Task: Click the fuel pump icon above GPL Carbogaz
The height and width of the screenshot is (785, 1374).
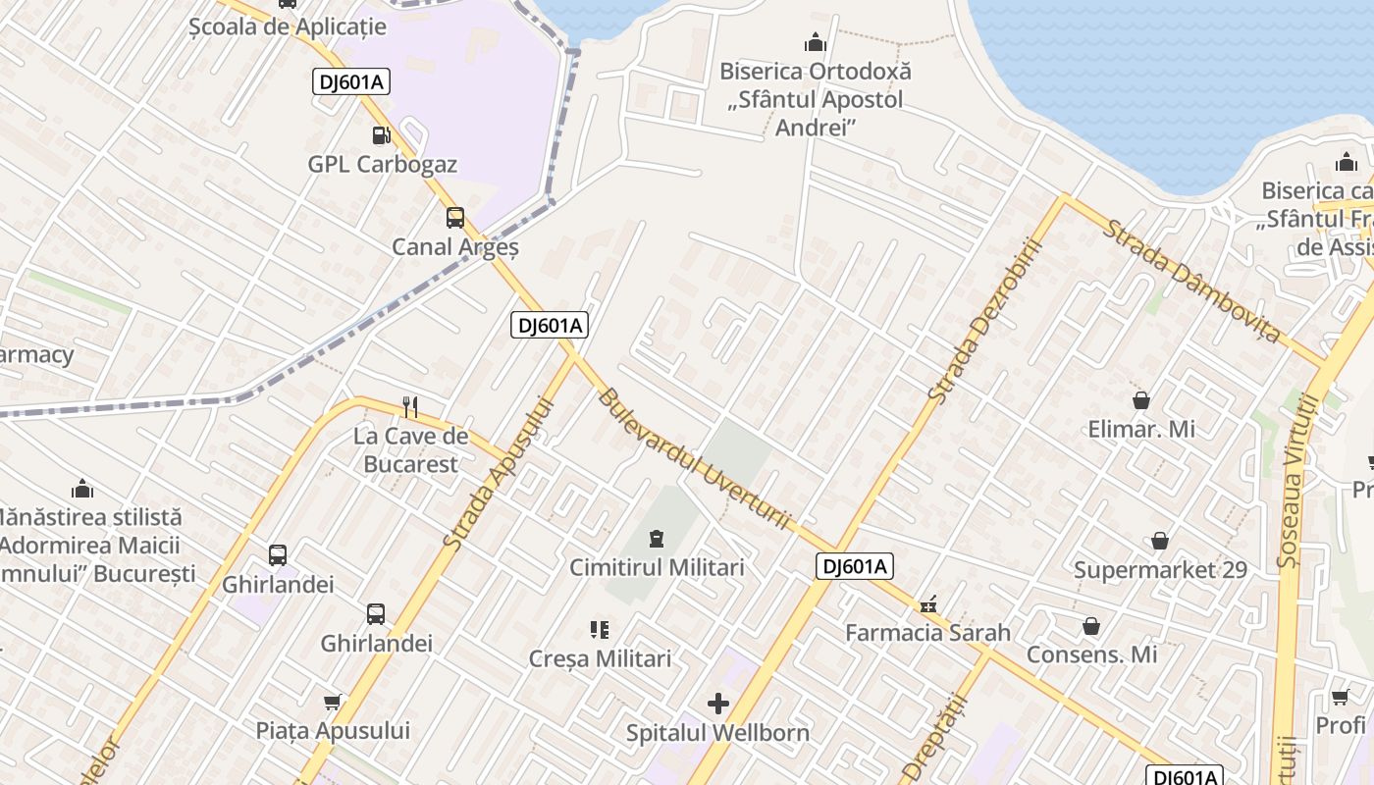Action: (381, 135)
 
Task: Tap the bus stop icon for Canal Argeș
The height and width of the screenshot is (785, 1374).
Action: (455, 218)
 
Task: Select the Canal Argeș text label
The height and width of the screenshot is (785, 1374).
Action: (455, 247)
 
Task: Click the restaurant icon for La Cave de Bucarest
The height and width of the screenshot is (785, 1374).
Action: (410, 406)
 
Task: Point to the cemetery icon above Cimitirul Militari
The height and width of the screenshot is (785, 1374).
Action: (656, 538)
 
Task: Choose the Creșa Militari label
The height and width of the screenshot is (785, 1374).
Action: (600, 658)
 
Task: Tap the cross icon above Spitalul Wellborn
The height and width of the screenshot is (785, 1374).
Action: (718, 703)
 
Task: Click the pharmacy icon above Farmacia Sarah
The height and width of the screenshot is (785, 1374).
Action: (928, 603)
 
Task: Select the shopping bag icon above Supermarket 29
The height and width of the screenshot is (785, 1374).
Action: (1160, 541)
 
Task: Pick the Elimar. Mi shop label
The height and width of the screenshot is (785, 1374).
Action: (1140, 429)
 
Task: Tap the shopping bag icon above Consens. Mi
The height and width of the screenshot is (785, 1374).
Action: (1091, 625)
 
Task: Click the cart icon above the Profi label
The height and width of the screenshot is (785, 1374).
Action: (1341, 697)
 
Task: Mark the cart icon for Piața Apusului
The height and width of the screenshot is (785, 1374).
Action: (333, 702)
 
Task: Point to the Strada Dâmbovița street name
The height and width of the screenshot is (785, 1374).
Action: (1191, 282)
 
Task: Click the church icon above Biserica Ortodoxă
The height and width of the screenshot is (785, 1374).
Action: (816, 43)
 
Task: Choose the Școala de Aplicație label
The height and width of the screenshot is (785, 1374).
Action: (288, 26)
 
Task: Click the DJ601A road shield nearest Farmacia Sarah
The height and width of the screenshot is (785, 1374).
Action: (854, 566)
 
